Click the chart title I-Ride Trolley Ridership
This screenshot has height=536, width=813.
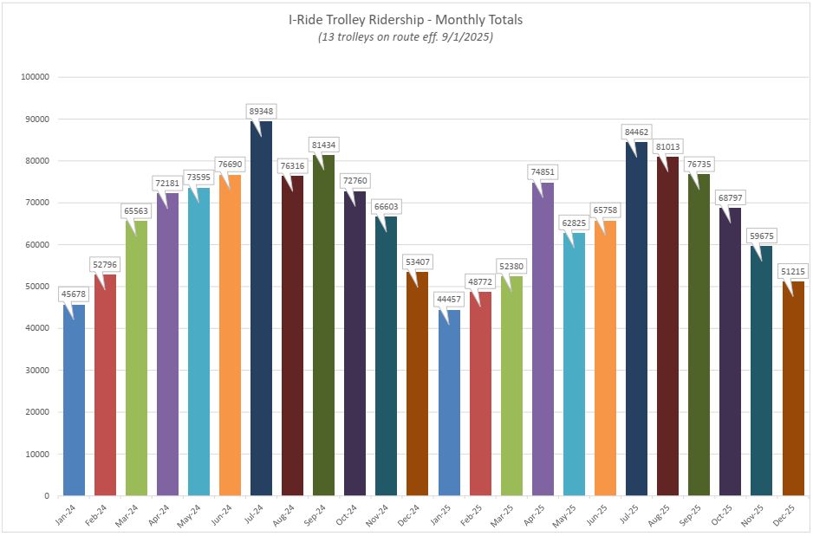tap(405, 19)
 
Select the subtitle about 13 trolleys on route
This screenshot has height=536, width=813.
tap(405, 37)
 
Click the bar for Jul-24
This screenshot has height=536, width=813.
tap(261, 312)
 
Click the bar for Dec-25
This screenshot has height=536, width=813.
tap(792, 390)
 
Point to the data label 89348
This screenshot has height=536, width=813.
tap(261, 111)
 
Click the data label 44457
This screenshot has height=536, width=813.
tap(449, 300)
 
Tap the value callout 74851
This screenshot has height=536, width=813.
tap(543, 171)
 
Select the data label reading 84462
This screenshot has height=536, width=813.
tap(636, 132)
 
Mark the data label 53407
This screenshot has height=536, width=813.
tap(418, 262)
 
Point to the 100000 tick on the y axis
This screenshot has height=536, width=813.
tap(34, 77)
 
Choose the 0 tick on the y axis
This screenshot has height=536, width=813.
tap(46, 496)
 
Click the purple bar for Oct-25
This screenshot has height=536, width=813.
tap(730, 355)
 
